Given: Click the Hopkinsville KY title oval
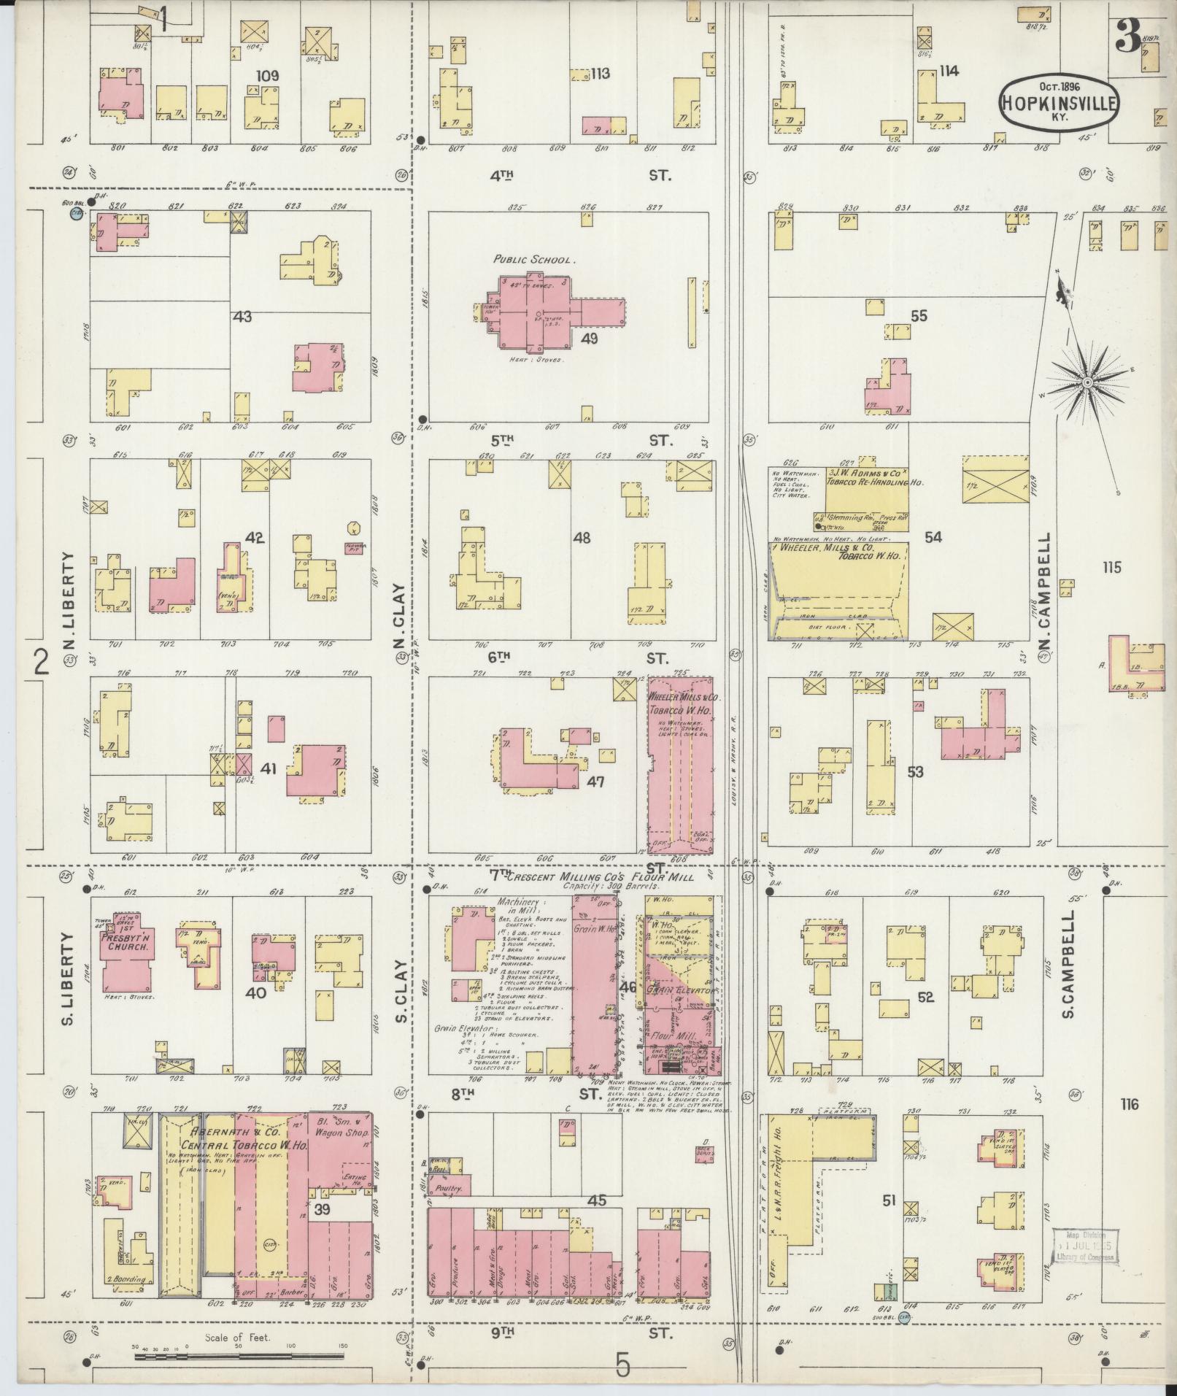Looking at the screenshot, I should tap(1057, 104).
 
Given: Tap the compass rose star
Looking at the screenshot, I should tap(1087, 382).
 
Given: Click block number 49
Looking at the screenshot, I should tap(589, 339).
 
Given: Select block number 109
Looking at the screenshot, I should tap(267, 75).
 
